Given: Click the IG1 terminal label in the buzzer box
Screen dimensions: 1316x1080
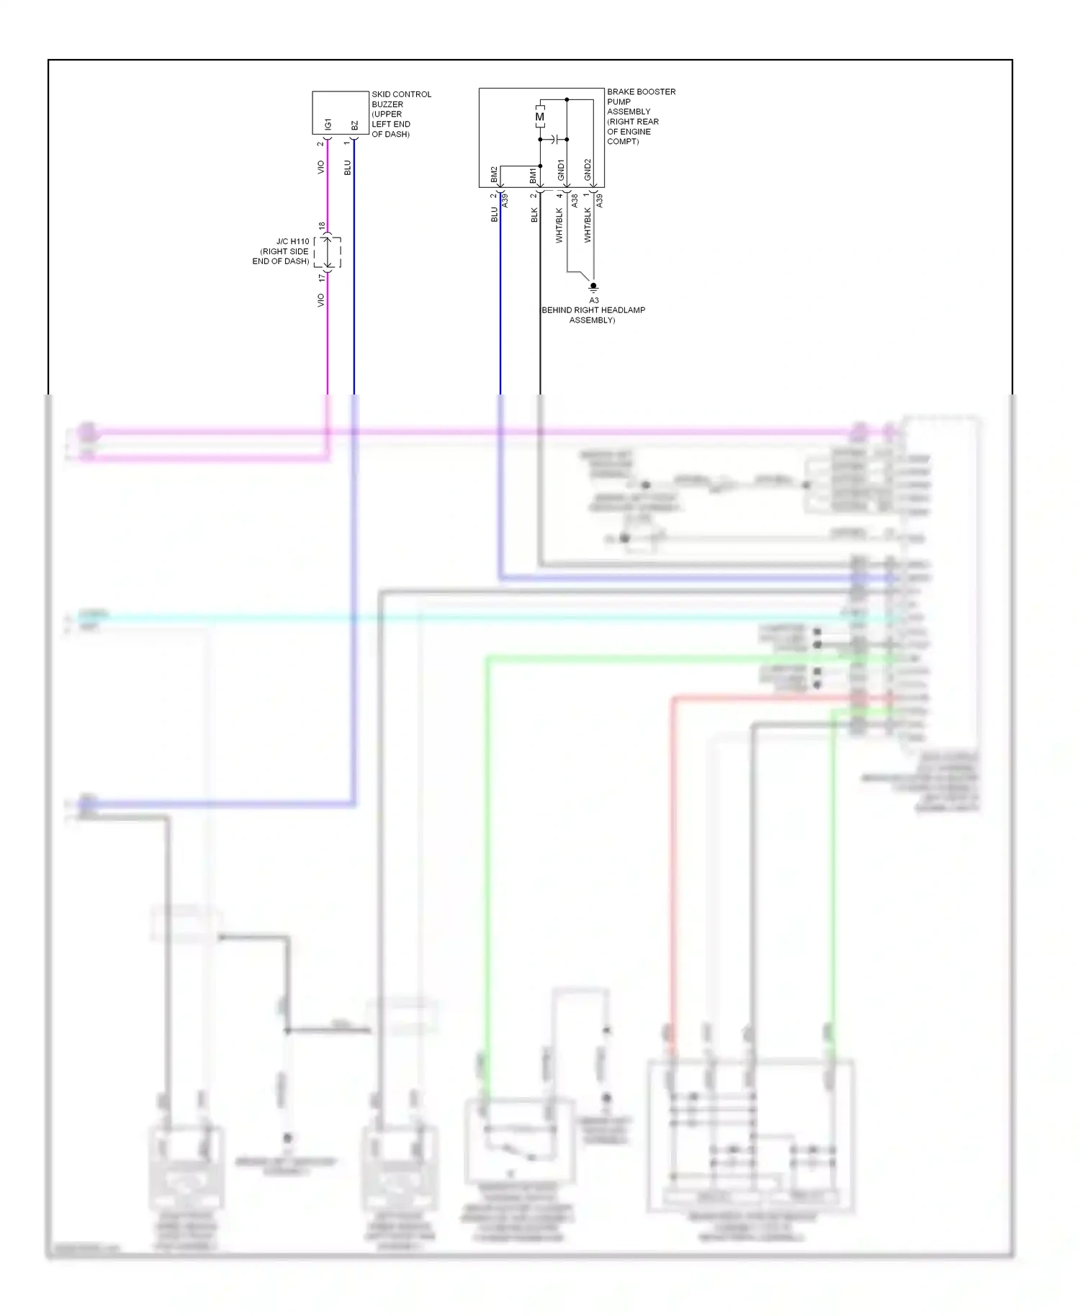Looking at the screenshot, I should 328,125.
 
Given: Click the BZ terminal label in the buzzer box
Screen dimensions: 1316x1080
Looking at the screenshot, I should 354,126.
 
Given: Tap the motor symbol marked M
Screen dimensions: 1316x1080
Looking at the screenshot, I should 539,117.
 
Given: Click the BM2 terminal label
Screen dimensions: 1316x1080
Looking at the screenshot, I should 495,174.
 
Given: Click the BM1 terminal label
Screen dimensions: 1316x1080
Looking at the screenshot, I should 534,175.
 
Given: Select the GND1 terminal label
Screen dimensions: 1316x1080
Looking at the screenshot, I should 562,171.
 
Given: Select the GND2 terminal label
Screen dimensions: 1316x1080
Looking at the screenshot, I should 588,170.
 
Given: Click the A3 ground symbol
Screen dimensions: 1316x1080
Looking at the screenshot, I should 593,287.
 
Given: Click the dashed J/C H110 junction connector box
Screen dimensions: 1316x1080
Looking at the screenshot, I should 328,252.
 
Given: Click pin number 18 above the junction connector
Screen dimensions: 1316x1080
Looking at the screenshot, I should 322,225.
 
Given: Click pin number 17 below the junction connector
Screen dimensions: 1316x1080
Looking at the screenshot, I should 322,278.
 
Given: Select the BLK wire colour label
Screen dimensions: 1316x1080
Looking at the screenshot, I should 534,215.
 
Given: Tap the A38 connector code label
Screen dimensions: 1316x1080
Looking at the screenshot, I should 575,201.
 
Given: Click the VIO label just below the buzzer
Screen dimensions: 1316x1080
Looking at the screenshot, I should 320,167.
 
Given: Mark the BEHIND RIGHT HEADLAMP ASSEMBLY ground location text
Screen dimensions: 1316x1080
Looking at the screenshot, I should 593,315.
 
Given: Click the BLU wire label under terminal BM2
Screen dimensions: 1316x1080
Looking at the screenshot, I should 495,215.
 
